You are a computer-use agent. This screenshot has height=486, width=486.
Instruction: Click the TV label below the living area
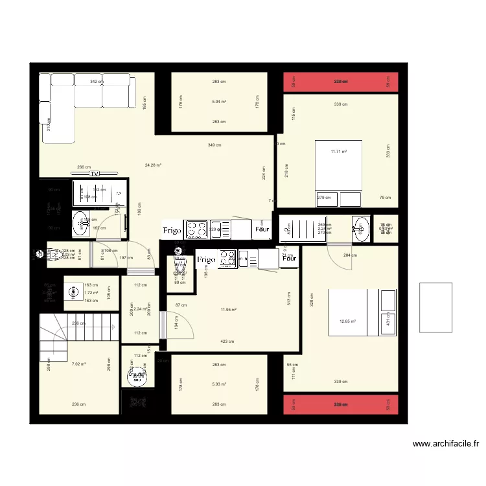[x=95, y=174]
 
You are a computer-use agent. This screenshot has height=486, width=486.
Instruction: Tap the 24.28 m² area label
[x=153, y=165]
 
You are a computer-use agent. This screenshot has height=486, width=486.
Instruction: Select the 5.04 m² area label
[x=219, y=102]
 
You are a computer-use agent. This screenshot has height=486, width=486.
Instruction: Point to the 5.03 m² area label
[x=219, y=384]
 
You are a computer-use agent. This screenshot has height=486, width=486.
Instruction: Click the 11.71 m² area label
[x=339, y=152]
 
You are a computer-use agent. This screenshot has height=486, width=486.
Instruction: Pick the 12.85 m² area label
[x=348, y=321]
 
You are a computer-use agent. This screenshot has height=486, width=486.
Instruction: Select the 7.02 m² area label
[x=79, y=364]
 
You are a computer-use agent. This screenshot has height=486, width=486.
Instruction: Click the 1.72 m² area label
[x=90, y=293]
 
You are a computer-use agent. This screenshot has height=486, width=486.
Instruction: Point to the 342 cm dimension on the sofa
[x=97, y=82]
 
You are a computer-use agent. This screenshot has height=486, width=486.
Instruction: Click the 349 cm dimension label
[x=214, y=145]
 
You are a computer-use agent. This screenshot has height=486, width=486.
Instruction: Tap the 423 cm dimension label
[x=227, y=341]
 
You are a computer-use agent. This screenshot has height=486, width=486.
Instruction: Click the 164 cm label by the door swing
[x=176, y=322]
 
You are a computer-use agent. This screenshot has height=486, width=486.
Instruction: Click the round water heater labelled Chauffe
[x=137, y=375]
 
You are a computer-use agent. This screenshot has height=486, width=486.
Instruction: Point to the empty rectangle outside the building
[x=436, y=307]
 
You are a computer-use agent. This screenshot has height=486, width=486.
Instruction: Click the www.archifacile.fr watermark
[x=446, y=445]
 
